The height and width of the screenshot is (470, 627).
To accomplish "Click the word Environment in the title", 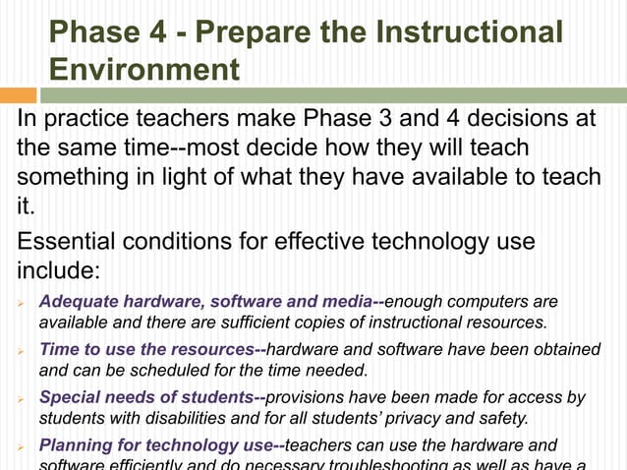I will (x=143, y=70).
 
